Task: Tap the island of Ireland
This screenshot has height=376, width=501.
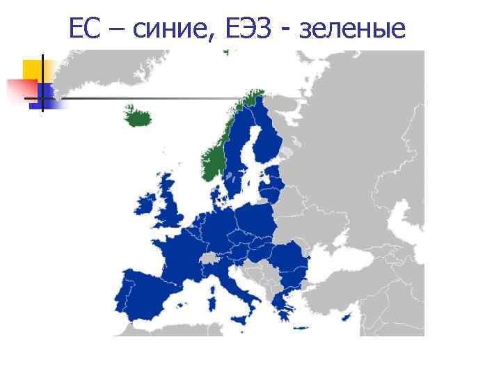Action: coord(147,203)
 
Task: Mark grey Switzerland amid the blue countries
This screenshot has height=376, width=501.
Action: coord(209,258)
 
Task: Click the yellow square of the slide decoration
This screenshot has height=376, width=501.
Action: coord(32,69)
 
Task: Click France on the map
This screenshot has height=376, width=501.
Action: coord(182,251)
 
